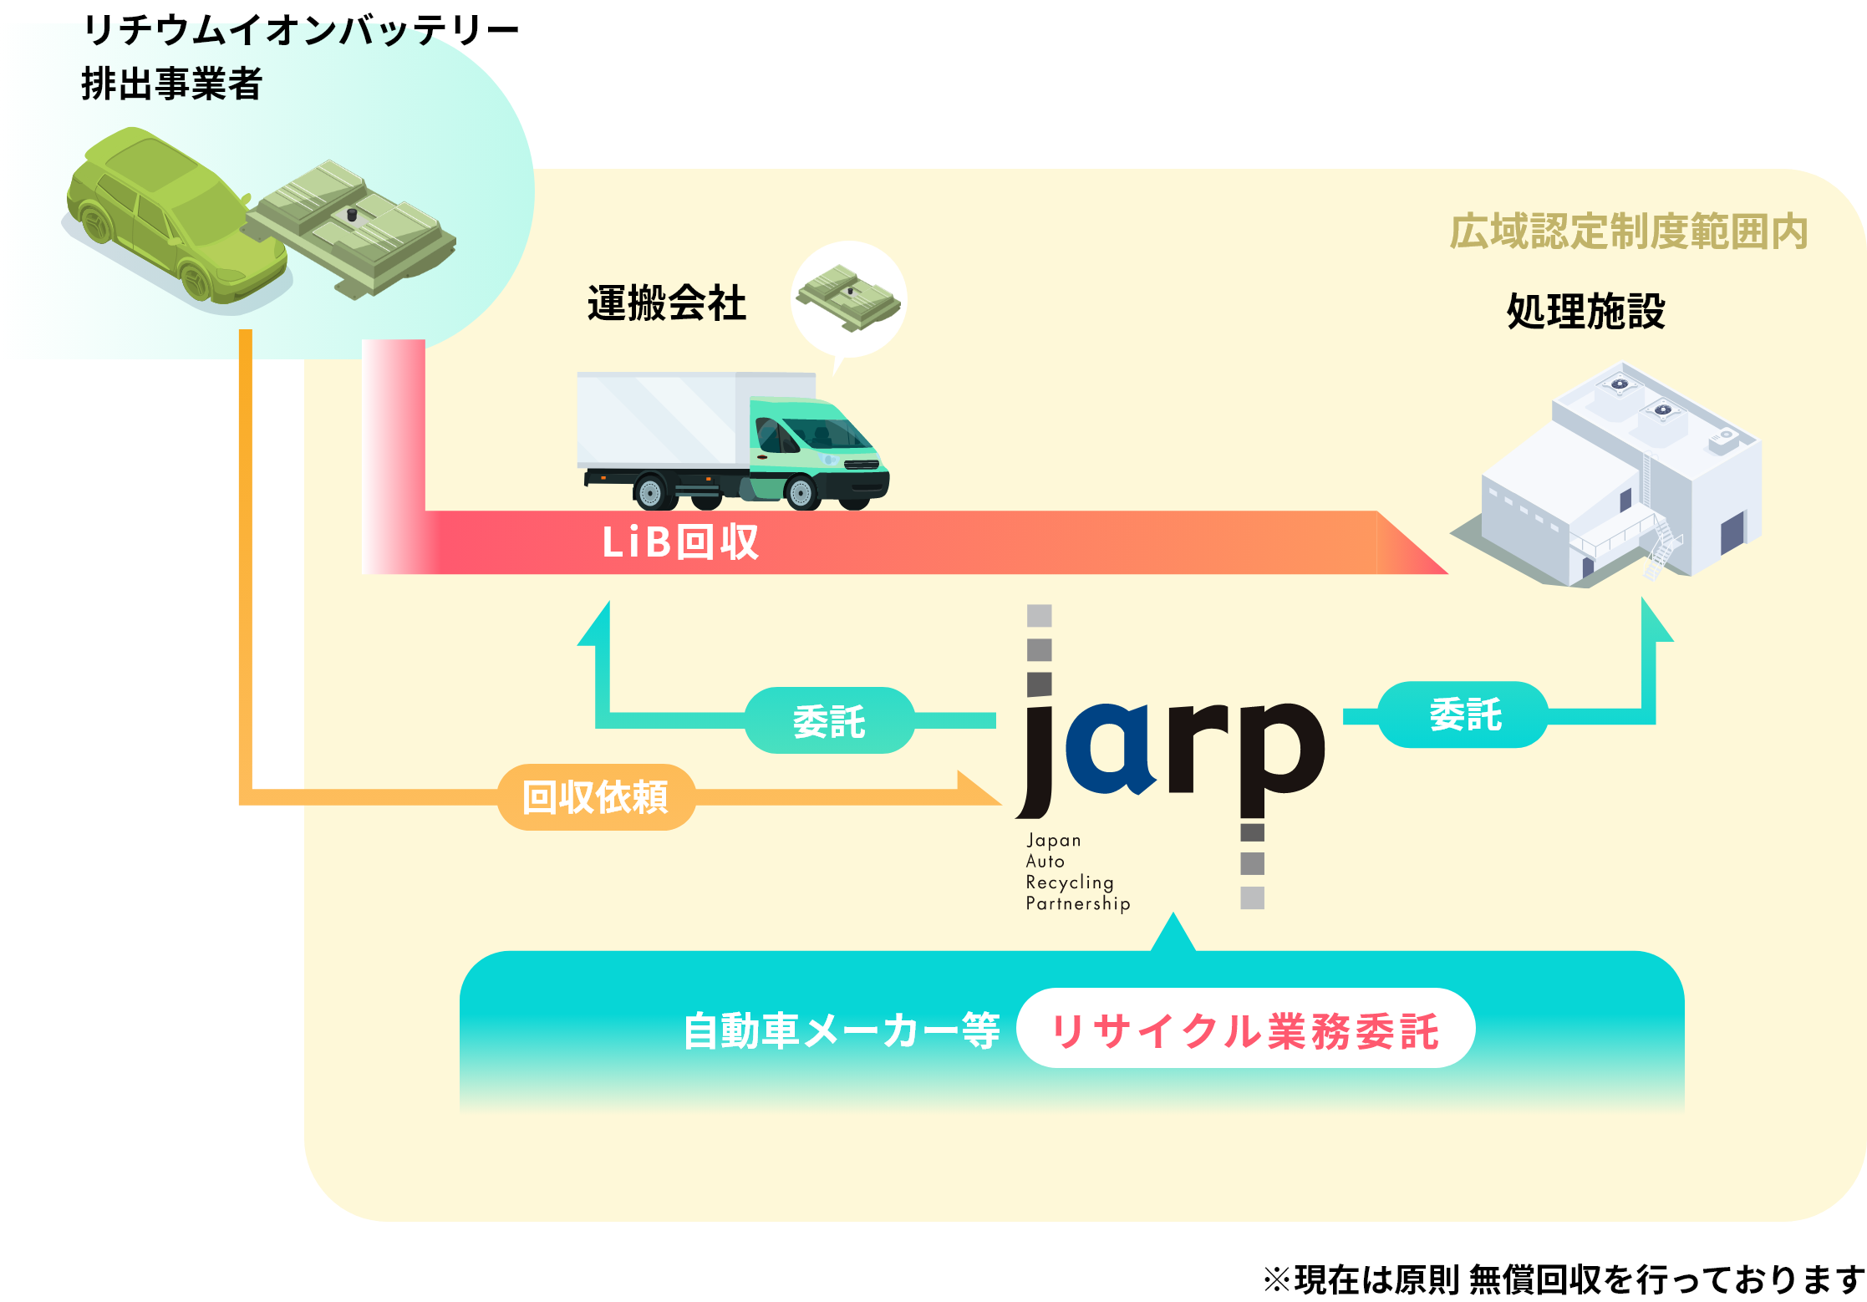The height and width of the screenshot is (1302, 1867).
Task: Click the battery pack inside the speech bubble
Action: [x=848, y=298]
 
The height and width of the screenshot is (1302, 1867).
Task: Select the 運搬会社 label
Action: [x=666, y=303]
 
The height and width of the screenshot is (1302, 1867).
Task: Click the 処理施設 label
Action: [x=1585, y=311]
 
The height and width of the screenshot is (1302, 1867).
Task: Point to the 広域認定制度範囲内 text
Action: [x=1629, y=231]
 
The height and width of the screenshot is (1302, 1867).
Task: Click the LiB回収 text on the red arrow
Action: [x=680, y=542]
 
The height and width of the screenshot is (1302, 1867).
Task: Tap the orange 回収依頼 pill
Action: [x=596, y=796]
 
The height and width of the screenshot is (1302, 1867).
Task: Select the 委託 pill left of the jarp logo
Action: [x=829, y=720]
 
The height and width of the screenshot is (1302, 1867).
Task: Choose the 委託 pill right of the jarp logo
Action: [x=1463, y=715]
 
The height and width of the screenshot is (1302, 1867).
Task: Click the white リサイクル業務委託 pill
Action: [x=1245, y=1028]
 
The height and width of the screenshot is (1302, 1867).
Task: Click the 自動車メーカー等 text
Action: [x=841, y=1030]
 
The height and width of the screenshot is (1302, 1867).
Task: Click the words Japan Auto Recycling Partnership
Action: [x=1078, y=872]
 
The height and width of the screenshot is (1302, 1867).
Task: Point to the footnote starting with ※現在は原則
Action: [x=1564, y=1279]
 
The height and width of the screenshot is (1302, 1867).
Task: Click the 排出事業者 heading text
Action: [x=171, y=84]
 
